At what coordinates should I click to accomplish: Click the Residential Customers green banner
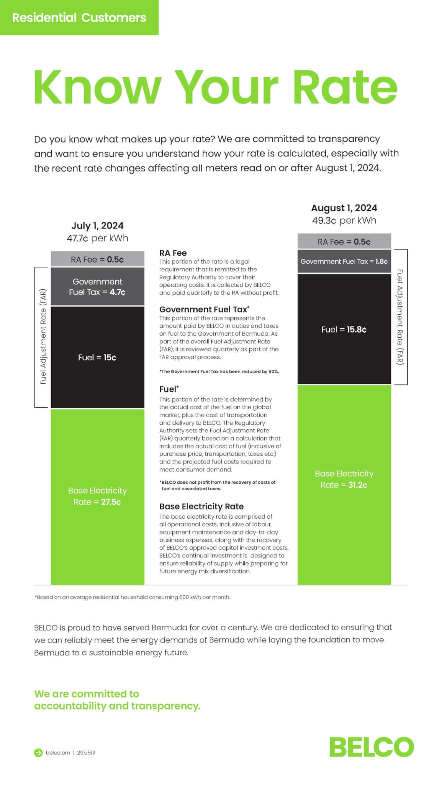[79, 18]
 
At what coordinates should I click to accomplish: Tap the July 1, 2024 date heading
[97, 225]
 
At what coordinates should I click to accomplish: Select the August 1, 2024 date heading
[344, 208]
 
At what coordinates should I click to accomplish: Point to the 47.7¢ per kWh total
[97, 238]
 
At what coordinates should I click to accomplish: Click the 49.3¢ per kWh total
[344, 220]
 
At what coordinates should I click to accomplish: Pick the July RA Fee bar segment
[97, 259]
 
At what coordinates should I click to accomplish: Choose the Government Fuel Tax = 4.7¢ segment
[97, 287]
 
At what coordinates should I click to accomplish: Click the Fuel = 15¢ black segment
[97, 357]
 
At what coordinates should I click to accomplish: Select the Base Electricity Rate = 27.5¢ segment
[97, 496]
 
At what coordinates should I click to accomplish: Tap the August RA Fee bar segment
[344, 241]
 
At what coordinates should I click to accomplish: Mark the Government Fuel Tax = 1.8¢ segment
[344, 261]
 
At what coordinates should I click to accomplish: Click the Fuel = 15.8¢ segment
[344, 329]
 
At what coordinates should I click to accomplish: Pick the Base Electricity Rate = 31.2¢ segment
[344, 479]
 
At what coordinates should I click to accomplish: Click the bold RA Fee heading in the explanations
[173, 253]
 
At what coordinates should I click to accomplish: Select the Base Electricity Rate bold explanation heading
[201, 506]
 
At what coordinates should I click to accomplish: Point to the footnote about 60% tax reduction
[219, 371]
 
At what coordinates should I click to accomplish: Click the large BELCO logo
[372, 747]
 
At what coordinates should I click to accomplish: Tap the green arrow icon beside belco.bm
[38, 752]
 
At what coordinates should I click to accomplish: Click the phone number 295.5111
[86, 752]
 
